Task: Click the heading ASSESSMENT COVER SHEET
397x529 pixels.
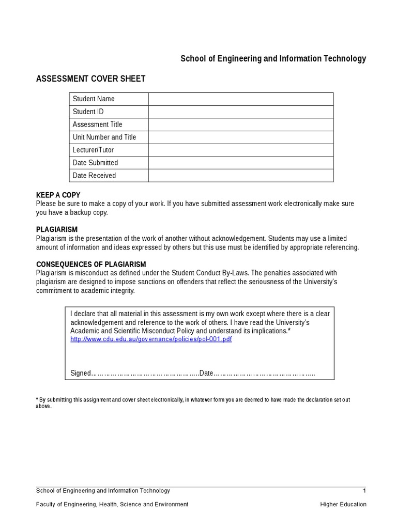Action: (90, 79)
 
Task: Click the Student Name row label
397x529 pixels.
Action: (94, 99)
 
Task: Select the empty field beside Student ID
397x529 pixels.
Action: (241, 112)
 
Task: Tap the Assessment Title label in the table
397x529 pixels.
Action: (98, 125)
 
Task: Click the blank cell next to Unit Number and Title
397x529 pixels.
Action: (241, 137)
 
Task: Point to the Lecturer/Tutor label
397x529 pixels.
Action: (93, 150)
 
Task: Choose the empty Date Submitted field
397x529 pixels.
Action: (241, 163)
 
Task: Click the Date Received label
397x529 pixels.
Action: (94, 176)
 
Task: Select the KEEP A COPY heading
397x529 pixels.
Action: (55, 195)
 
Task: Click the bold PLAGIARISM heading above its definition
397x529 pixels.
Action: (57, 229)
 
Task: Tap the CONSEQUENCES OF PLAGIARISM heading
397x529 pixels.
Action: (91, 264)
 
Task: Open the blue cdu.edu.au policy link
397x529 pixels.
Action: (151, 339)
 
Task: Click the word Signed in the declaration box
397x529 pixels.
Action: (80, 373)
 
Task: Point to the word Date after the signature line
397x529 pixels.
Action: (206, 373)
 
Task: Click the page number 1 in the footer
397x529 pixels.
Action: (364, 491)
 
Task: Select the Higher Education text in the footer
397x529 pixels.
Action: (343, 504)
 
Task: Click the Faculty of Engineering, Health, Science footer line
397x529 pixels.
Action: (112, 504)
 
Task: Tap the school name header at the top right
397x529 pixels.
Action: (273, 58)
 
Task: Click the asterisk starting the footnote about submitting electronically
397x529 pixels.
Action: (37, 400)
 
